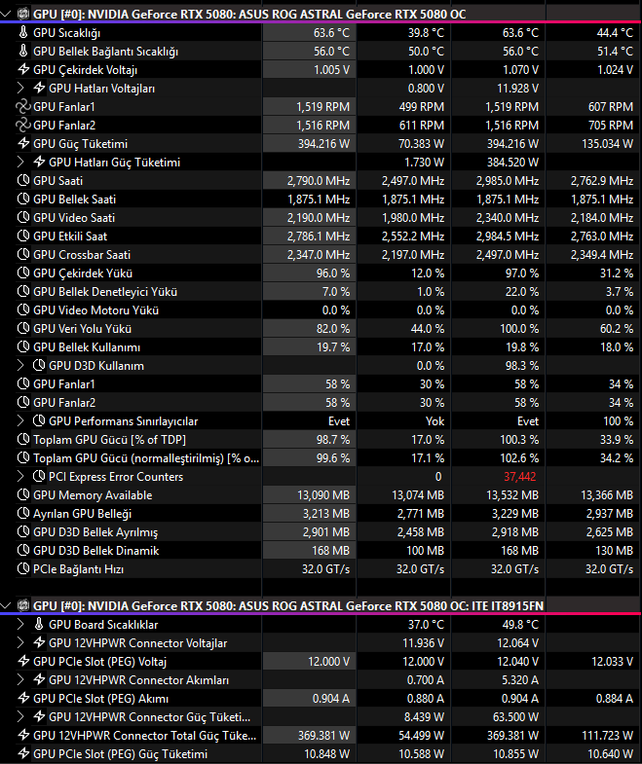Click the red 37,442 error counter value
(520, 477)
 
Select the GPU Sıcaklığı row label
(66, 33)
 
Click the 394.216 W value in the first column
(323, 144)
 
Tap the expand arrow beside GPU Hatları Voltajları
(20, 89)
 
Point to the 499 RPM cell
(422, 107)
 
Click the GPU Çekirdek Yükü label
(83, 273)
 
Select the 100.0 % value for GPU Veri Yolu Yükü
(519, 329)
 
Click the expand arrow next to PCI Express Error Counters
(20, 477)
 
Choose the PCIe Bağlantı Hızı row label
(78, 569)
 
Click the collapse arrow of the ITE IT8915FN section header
(6, 606)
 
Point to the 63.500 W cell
(515, 716)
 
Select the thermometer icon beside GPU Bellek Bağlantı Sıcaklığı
(23, 51)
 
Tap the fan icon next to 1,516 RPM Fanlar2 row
(23, 126)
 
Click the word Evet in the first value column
(339, 421)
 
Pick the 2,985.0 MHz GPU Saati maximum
(508, 181)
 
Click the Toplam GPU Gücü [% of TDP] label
(109, 440)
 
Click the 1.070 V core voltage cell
(520, 70)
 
